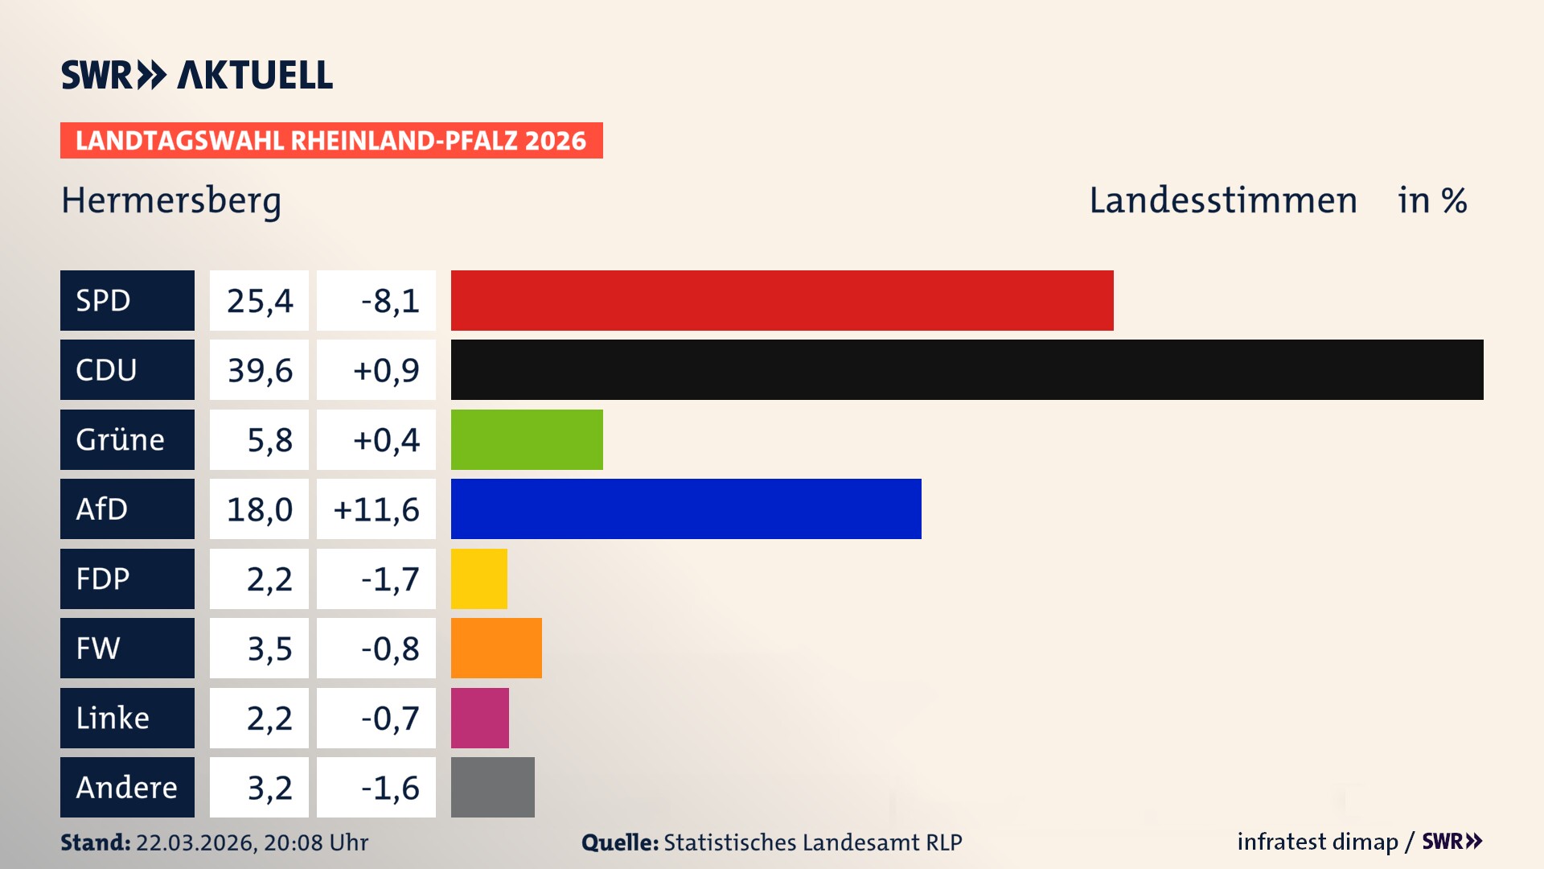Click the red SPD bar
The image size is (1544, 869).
[782, 300]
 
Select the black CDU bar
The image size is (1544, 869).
[967, 369]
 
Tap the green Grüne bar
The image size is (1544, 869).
[527, 439]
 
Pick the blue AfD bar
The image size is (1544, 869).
[686, 509]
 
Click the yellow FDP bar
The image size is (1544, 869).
[479, 579]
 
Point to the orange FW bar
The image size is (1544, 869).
[496, 648]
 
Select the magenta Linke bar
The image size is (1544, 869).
[480, 718]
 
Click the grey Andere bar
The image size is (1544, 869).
[492, 787]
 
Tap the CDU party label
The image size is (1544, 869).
[127, 369]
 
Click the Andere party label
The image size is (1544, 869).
[127, 787]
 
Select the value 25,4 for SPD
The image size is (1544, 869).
[259, 300]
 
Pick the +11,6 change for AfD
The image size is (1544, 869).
[376, 509]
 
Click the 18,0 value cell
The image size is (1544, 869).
[259, 509]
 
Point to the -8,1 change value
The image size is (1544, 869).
[376, 300]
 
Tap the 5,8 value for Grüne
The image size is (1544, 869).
[259, 439]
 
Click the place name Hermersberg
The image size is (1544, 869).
[171, 200]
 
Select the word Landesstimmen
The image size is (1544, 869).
[1222, 200]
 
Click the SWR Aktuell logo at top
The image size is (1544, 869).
[196, 75]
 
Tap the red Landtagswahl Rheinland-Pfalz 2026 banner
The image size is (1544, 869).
[331, 140]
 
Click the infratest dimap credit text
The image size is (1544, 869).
[1316, 842]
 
